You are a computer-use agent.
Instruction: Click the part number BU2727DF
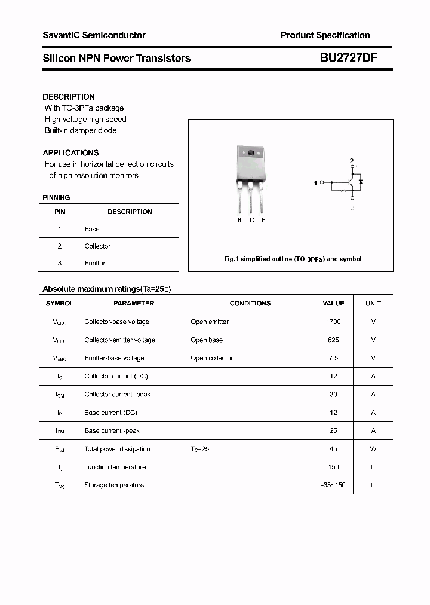click(348, 58)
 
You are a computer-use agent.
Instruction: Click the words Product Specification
click(325, 35)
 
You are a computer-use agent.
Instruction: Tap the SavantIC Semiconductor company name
click(94, 35)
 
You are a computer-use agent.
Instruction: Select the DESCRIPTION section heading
click(69, 97)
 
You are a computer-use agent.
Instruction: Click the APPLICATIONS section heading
click(70, 152)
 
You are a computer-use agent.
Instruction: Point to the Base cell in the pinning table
click(92, 229)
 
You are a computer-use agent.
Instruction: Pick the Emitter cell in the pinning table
click(95, 263)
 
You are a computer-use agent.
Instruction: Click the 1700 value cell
click(333, 322)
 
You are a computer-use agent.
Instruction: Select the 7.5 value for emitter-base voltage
click(333, 358)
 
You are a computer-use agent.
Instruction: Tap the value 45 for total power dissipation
click(333, 449)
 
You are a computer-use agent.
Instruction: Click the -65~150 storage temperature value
click(333, 485)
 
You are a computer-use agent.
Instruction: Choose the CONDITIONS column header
click(250, 303)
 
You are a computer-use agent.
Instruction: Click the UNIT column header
click(373, 303)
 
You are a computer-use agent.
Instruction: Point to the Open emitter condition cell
click(210, 322)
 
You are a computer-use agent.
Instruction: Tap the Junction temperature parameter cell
click(115, 467)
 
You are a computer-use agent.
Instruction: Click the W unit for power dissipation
click(373, 449)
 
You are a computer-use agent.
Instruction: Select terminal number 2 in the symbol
click(352, 161)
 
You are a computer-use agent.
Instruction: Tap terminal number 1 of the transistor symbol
click(316, 183)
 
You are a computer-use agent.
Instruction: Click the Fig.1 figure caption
click(293, 259)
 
